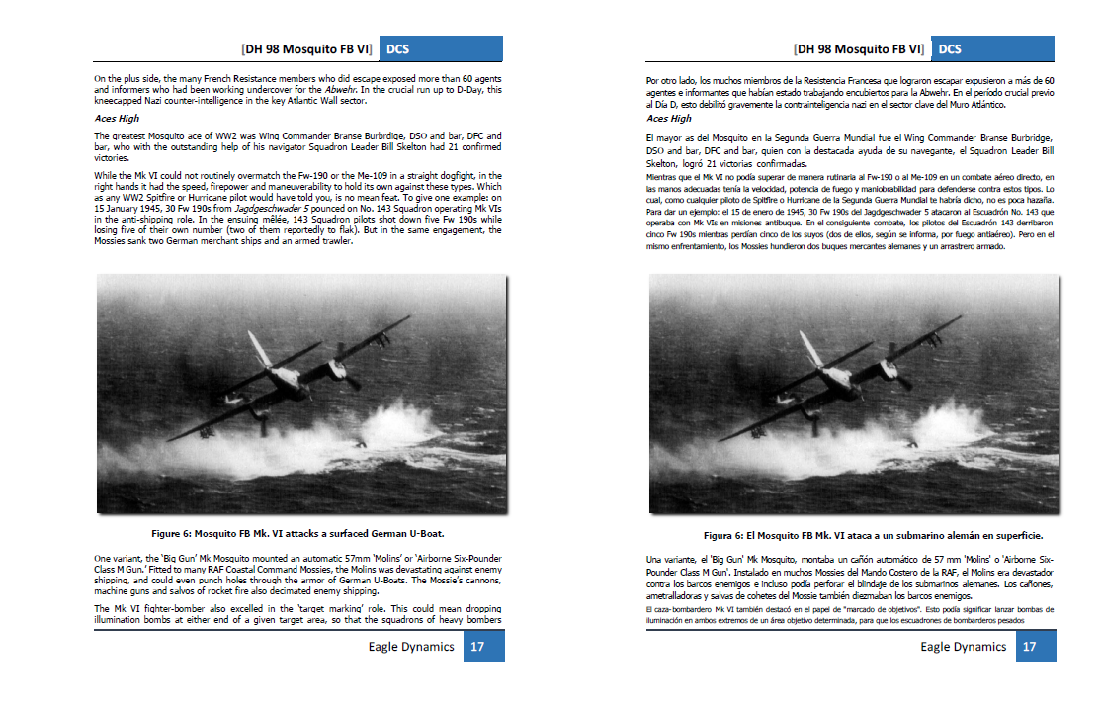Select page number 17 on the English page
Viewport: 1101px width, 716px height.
pos(476,647)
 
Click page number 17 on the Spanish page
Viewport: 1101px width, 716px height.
pos(1029,647)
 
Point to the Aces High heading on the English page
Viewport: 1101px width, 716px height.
pos(118,118)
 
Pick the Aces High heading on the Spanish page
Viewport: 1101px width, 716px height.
pos(669,118)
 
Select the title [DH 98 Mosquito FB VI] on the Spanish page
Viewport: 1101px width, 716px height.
pos(859,48)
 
